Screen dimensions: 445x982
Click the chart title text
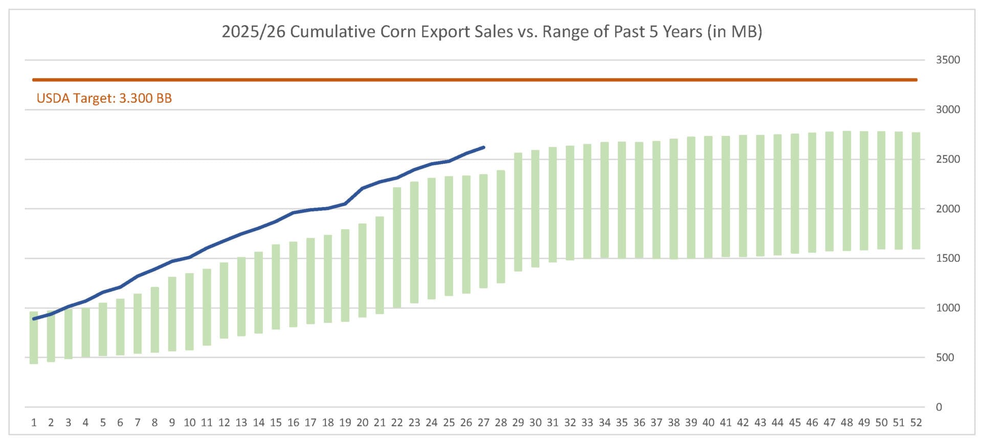coord(492,32)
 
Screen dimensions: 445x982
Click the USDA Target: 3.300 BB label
coord(104,98)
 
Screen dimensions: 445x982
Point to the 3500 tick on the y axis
coord(948,60)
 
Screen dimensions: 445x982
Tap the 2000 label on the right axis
coord(948,209)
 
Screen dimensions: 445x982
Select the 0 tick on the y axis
coord(939,407)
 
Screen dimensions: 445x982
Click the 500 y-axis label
coord(945,358)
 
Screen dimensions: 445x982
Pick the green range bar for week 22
coord(397,248)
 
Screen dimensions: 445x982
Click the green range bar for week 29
coord(518,212)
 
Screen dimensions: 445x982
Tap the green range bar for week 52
coord(916,191)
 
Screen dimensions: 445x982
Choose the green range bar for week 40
coord(708,197)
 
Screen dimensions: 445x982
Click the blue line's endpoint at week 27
coord(483,147)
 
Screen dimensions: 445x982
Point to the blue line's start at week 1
coord(34,319)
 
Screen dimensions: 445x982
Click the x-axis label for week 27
coord(483,423)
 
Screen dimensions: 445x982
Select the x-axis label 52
coord(916,423)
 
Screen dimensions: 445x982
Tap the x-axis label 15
coord(276,423)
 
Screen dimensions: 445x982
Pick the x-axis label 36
coord(639,423)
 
